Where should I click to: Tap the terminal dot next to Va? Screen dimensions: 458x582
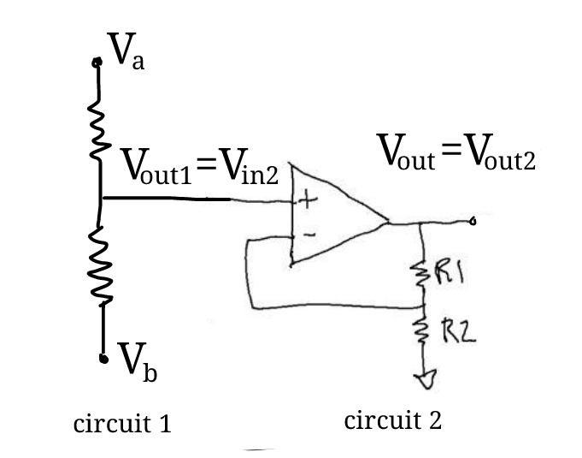[x=97, y=62]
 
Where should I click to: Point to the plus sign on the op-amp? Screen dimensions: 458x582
[x=305, y=201]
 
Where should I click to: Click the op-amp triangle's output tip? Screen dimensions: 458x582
[x=389, y=223]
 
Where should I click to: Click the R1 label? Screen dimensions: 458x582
[x=449, y=276]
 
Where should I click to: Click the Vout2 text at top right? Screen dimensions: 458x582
[x=500, y=155]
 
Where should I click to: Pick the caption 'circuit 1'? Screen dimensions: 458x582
[x=122, y=423]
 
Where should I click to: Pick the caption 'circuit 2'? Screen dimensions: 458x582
[x=393, y=420]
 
